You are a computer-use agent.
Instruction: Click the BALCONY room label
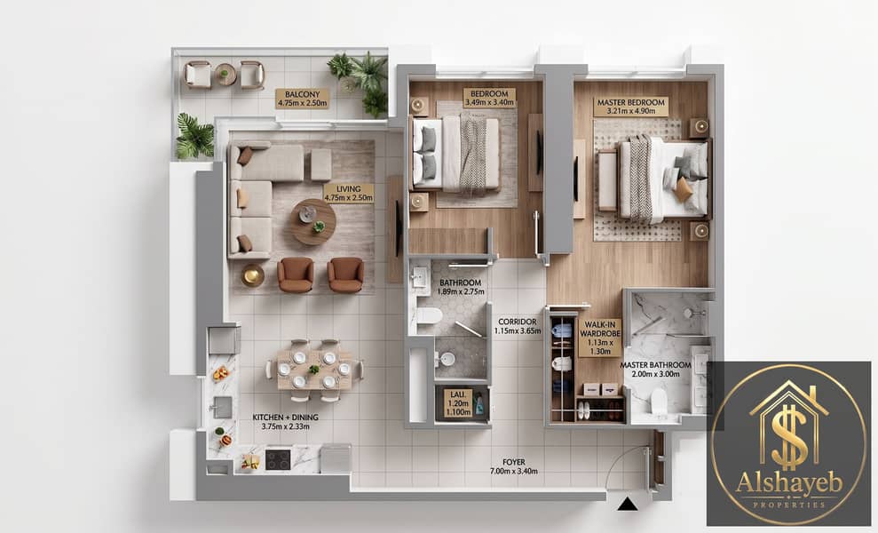[x=302, y=99]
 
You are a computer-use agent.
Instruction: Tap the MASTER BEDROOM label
[x=630, y=107]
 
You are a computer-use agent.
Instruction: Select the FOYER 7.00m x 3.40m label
[x=513, y=466]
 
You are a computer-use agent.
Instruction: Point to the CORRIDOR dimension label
[x=518, y=326]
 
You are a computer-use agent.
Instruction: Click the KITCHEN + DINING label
[x=286, y=422]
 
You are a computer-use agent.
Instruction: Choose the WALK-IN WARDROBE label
[x=600, y=338]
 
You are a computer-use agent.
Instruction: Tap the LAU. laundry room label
[x=458, y=403]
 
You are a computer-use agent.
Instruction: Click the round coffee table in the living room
[x=313, y=222]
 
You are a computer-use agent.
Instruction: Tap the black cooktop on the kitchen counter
[x=278, y=460]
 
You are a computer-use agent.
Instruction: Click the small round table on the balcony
[x=225, y=74]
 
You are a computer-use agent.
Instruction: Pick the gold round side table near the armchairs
[x=252, y=275]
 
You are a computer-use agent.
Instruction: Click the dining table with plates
[x=314, y=370]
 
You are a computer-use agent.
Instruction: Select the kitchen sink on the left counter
[x=222, y=408]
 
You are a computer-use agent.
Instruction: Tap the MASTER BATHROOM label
[x=655, y=370]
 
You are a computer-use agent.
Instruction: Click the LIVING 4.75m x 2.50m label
[x=348, y=194]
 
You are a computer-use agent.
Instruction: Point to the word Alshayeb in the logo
[x=789, y=483]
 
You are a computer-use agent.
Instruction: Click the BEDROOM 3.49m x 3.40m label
[x=489, y=98]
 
